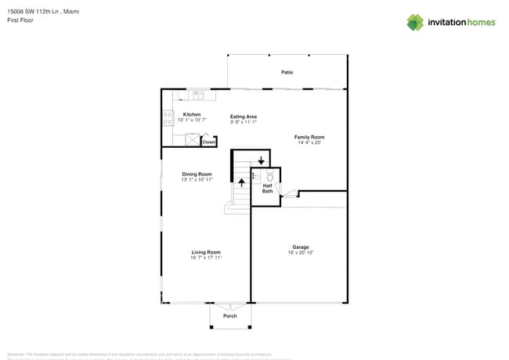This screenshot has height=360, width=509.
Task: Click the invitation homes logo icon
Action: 415,22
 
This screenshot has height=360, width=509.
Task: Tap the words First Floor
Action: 21,21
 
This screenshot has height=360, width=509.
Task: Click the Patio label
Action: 287,72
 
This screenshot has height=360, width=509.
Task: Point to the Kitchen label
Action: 192,114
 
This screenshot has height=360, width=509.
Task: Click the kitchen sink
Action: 196,95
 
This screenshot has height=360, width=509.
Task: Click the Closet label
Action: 208,142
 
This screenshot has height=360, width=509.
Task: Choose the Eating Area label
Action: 244,117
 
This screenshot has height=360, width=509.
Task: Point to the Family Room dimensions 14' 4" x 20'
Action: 309,142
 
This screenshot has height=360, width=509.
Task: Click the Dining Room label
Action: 197,174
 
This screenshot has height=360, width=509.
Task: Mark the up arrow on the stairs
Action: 241,182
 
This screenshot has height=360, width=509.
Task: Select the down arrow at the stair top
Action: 261,160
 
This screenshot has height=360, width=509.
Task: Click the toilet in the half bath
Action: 270,176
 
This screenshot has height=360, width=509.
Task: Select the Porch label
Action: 230,316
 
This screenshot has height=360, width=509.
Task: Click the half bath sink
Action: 254,176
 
